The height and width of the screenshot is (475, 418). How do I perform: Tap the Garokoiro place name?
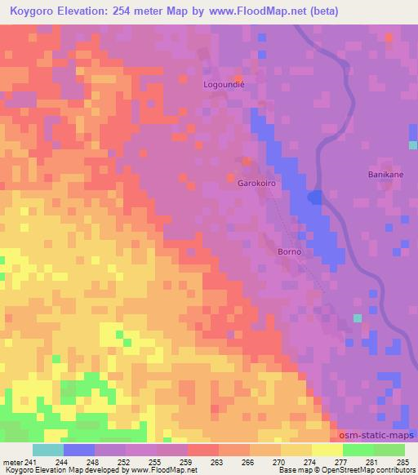(x=256, y=184)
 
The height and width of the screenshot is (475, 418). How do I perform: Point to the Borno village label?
(x=290, y=251)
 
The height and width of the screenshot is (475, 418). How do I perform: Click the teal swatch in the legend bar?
(x=48, y=450)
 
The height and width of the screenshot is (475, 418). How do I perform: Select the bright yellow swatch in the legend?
(x=327, y=450)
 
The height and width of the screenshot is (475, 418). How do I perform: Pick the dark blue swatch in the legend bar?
(x=79, y=450)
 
